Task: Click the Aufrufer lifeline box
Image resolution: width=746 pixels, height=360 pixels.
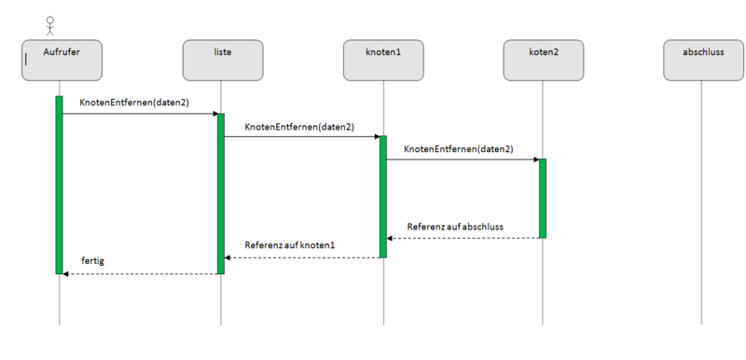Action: click(61, 58)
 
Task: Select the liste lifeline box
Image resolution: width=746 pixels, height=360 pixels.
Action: click(222, 58)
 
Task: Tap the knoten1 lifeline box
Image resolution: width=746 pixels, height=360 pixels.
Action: click(383, 58)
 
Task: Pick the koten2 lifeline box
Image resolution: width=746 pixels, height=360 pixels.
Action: click(543, 58)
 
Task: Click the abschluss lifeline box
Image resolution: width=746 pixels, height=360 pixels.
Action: click(703, 58)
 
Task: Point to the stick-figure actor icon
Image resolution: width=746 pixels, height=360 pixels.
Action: click(36, 24)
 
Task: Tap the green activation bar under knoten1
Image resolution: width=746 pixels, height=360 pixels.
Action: click(382, 196)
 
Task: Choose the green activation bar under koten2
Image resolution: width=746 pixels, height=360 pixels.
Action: click(542, 198)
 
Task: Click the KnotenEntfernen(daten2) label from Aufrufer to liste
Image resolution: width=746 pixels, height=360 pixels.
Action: click(134, 103)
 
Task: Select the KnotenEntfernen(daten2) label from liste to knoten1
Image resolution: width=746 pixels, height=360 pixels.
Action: click(298, 126)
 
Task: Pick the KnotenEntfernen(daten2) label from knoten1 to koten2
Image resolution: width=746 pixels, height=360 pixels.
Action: click(458, 148)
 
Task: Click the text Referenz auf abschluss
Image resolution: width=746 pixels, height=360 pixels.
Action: click(455, 227)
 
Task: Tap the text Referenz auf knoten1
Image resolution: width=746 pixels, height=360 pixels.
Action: click(289, 245)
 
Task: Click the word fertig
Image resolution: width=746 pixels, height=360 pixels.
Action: click(93, 262)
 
